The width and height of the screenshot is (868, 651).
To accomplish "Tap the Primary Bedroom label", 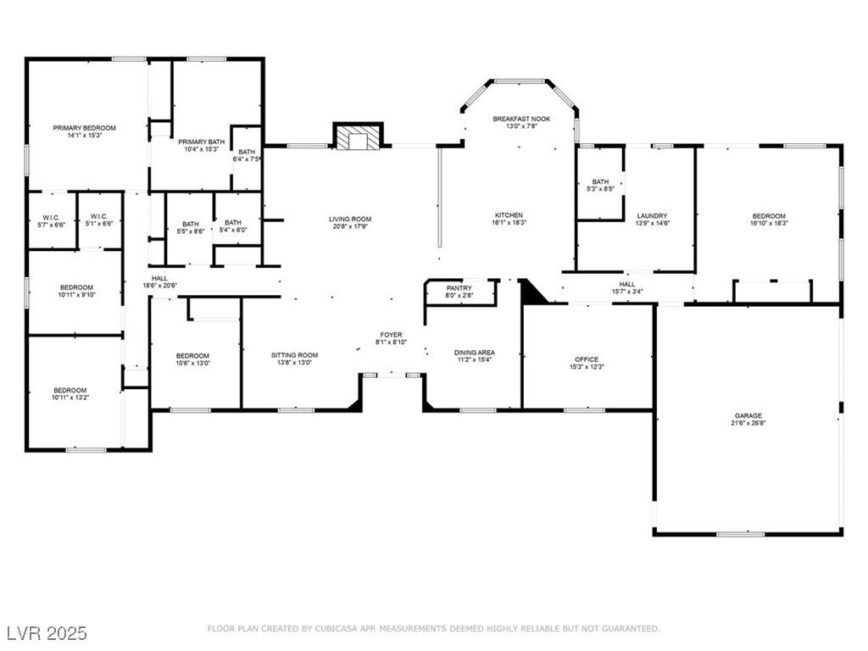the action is [x=84, y=128].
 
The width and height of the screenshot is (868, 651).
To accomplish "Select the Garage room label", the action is [x=748, y=415].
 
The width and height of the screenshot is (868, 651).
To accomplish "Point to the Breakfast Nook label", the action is [x=521, y=119].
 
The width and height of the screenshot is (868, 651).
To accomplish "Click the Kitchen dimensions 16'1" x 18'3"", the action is [x=509, y=223].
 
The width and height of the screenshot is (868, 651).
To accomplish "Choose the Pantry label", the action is [x=459, y=288].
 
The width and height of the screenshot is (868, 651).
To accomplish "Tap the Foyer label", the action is [x=392, y=335].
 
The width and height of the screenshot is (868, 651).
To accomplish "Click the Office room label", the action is [x=587, y=359].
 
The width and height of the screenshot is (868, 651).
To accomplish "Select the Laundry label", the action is [x=652, y=216].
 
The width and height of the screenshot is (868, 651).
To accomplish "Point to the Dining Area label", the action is [x=475, y=353].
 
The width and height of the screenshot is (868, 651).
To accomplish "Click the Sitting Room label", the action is [x=294, y=355].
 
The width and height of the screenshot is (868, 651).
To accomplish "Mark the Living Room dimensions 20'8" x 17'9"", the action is [x=350, y=226].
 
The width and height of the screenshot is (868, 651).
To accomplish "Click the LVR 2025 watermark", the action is [x=47, y=632].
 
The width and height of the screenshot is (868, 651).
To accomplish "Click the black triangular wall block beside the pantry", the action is [x=531, y=291].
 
